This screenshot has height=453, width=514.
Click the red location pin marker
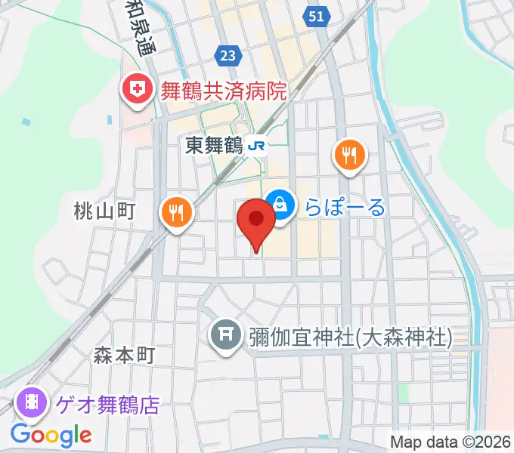click(256, 221)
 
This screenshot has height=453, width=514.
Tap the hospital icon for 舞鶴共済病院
click(138, 91)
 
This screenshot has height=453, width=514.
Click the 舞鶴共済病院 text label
click(223, 91)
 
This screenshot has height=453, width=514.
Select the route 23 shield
click(228, 55)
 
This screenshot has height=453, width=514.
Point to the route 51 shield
click(317, 16)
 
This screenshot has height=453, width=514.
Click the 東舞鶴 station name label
click(213, 146)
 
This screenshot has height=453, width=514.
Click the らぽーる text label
click(345, 206)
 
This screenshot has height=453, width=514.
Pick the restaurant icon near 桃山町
click(177, 212)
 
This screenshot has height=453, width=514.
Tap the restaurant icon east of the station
click(348, 156)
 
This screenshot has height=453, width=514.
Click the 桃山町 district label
click(104, 211)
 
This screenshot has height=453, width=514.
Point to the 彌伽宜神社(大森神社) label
click(350, 337)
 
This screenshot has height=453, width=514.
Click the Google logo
click(51, 435)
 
